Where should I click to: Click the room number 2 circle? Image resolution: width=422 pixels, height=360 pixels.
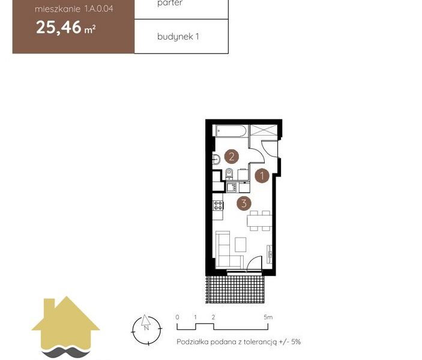coord(232,157)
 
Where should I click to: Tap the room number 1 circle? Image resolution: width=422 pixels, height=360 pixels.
coord(262,176)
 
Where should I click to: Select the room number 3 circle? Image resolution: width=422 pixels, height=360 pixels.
coord(244,203)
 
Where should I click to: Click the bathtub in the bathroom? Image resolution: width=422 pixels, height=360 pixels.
coord(231,131)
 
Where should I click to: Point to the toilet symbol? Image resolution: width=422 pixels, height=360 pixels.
coord(229,173)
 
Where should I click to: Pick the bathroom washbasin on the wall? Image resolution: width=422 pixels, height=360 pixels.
coord(216,159)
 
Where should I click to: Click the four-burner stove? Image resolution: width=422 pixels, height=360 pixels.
coord(218,205)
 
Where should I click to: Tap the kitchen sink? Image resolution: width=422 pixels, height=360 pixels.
coord(232,187)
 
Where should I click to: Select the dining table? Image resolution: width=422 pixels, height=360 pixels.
coord(259,221)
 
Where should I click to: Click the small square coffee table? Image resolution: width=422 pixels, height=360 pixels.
coord(240,245)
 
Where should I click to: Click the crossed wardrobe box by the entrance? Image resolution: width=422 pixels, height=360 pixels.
coord(264,131)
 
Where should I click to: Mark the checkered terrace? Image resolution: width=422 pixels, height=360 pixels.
coord(235,289)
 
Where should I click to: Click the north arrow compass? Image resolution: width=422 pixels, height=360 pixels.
coord(146,329)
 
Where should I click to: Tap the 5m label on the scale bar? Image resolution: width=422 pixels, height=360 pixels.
coord(268,317)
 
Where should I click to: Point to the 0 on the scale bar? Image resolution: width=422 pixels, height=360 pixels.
coord(177,317)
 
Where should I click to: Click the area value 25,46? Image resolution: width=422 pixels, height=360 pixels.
coord(59,28)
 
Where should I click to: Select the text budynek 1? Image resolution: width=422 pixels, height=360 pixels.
coord(178,37)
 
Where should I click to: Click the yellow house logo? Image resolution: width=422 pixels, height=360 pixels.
coord(65,327)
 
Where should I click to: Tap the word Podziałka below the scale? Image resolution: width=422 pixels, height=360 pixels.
coord(193,342)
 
